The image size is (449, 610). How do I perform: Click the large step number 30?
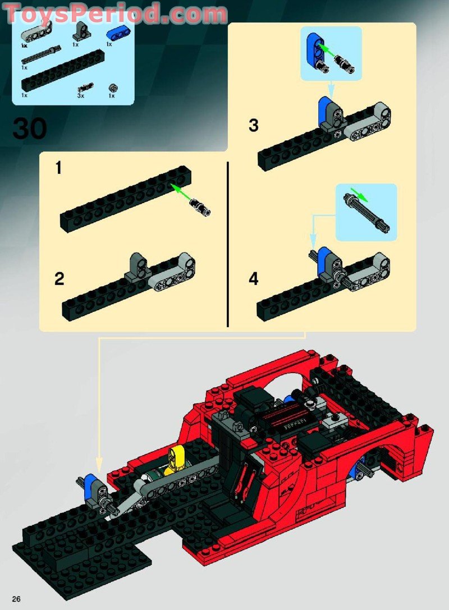(30, 129)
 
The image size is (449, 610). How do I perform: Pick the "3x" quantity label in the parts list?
(80, 96)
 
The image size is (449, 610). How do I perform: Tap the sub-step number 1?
(58, 168)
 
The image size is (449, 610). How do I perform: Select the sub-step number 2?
(59, 279)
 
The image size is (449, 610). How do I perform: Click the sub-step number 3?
(254, 126)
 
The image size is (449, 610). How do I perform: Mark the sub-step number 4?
(254, 279)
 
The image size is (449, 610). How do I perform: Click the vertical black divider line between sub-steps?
(228, 244)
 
